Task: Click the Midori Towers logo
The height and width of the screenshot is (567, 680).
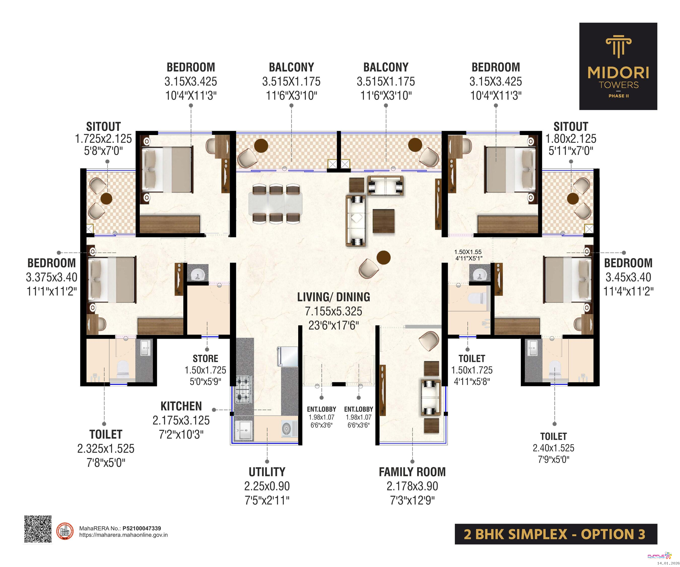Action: coord(618,66)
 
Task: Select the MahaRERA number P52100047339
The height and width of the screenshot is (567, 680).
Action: coord(142,528)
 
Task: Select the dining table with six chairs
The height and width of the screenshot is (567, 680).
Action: coord(276,203)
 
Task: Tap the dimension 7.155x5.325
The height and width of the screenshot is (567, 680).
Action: coord(333,311)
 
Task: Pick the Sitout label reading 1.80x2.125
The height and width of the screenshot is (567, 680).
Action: coord(571,138)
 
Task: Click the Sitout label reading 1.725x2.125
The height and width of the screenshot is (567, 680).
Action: coord(103,138)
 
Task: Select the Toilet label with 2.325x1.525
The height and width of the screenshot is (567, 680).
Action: coord(106,448)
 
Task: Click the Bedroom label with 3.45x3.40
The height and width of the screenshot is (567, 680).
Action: coord(628,277)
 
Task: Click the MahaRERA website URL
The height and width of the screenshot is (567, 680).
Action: coord(123,535)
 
